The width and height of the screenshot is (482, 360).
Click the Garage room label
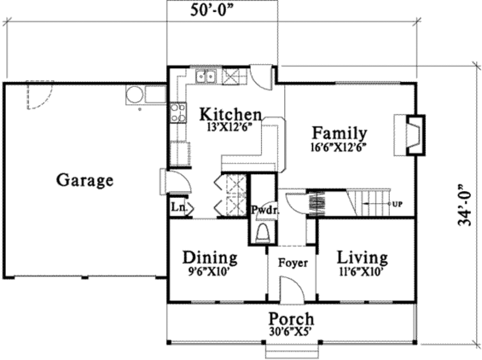tap(85, 180)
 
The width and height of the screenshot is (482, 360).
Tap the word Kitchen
tap(230, 114)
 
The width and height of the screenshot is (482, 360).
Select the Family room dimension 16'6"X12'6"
tap(338, 146)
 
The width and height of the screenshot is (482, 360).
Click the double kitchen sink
tap(206, 76)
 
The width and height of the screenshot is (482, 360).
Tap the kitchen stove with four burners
tap(178, 113)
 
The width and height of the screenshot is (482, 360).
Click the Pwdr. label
tap(264, 210)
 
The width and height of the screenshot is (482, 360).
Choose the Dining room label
tap(210, 258)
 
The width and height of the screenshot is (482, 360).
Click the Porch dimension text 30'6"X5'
tap(291, 331)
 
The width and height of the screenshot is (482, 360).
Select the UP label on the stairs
tap(396, 204)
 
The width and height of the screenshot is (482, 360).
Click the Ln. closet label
tap(177, 207)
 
